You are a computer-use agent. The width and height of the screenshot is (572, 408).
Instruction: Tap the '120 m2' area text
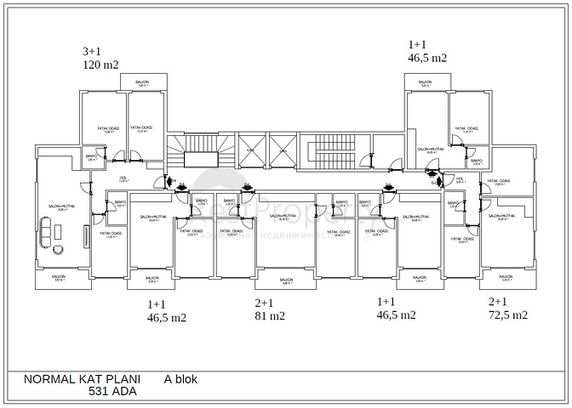(100, 64)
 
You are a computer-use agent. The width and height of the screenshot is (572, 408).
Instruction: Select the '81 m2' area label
(269, 315)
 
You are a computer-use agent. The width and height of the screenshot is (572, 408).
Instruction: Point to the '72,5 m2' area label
(508, 314)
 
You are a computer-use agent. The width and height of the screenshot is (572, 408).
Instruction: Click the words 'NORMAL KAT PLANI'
(76, 379)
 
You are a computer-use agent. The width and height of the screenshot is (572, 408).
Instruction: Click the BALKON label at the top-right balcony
(425, 82)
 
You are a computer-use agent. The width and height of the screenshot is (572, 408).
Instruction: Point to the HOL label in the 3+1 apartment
(123, 178)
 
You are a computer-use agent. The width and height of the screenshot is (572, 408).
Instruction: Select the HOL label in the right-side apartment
(460, 178)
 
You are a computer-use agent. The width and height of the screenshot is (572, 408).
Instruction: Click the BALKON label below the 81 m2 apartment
(286, 280)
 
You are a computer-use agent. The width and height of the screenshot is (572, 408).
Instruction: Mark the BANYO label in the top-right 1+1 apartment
(477, 161)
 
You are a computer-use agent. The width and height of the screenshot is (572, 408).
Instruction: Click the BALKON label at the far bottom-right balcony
(506, 277)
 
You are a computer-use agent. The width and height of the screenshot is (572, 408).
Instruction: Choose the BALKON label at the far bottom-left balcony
(59, 277)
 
